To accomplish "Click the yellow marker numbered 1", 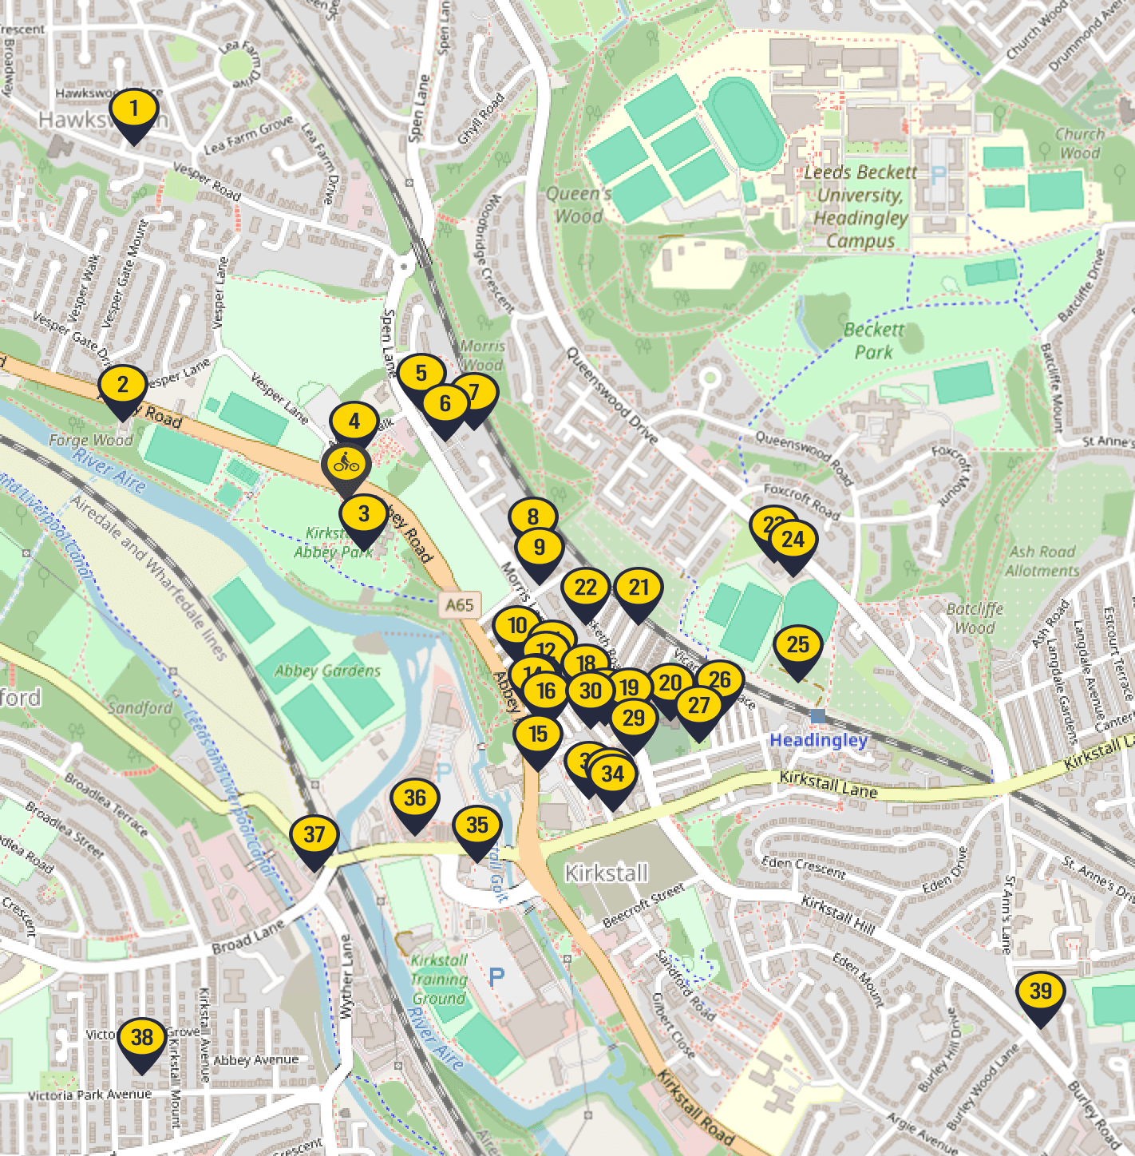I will point(134,109).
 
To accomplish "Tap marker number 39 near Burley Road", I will point(1041,992).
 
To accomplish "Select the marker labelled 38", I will point(142,1039).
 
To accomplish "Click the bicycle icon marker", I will point(346,463).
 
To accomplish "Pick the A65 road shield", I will point(460,605).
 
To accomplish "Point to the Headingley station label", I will point(818,740).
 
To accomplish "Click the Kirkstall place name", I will point(607,873).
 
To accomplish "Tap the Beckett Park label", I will point(874,341).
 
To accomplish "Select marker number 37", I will point(314,836).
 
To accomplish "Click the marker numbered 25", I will point(798,646).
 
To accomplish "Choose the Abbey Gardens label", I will point(327,671).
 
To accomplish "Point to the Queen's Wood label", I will point(579,205).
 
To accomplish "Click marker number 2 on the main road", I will point(123,386).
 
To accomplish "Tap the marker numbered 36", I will point(415,799).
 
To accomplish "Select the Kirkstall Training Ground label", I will point(439,980).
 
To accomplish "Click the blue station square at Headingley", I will point(817,715).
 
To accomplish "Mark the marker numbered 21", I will point(639,588).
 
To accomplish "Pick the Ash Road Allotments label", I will point(1042,561).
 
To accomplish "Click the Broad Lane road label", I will point(248,936).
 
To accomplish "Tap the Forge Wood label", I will point(91,440).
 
